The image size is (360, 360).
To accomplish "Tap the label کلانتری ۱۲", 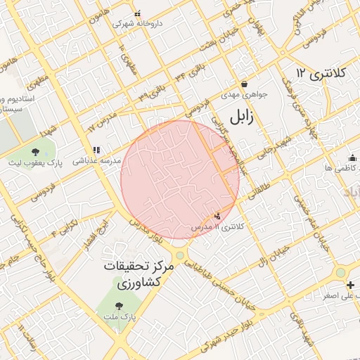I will [x=322, y=73].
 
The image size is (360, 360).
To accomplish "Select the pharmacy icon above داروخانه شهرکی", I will [x=138, y=13].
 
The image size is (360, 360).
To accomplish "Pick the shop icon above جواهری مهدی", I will [x=243, y=83].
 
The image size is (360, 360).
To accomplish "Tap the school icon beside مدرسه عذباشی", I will [x=96, y=150].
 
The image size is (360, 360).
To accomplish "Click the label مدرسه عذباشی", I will [x=96, y=161].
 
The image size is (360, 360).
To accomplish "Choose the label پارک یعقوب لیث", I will [x=36, y=163].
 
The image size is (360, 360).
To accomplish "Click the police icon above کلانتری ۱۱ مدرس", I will [x=217, y=216].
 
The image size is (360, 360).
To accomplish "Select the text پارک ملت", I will [x=119, y=318].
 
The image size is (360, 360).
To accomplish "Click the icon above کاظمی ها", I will [x=352, y=157].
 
